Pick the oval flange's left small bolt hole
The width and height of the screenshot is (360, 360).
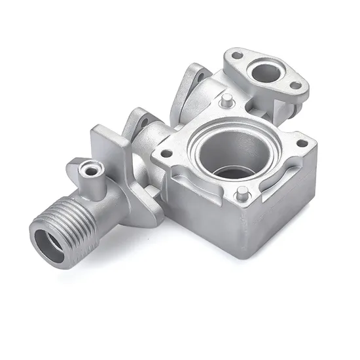pos(237,56)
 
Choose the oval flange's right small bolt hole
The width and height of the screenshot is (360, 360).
pos(295,85)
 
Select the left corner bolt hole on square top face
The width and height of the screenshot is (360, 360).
pos(166,154)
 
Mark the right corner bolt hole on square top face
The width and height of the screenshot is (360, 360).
pos(301,143)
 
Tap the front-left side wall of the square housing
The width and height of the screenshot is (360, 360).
pos(196,209)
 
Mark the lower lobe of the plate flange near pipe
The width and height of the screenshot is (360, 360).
pos(147,209)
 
